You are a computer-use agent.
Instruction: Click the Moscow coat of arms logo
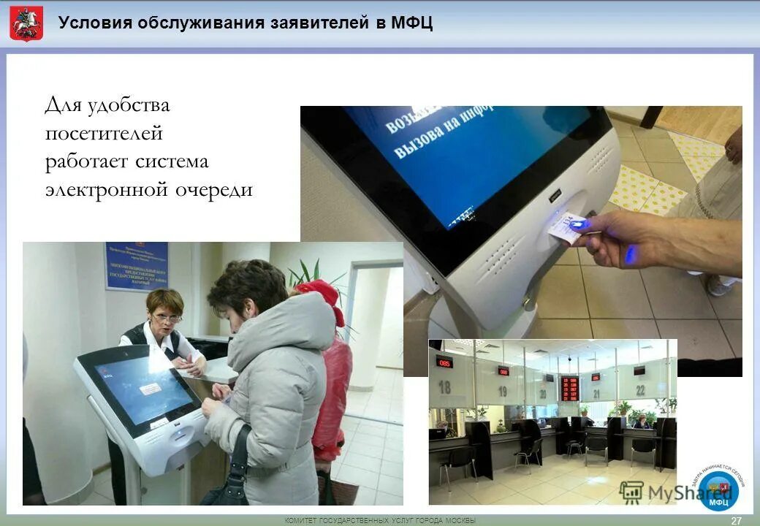coord(26,23)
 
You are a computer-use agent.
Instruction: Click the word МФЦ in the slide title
coord(411,23)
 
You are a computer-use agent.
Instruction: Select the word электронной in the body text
coord(106,190)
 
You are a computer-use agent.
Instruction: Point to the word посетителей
coord(104,133)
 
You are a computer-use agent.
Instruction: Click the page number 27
coord(736,520)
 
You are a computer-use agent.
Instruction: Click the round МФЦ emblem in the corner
coord(718,490)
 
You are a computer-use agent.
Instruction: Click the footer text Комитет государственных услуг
coord(379,520)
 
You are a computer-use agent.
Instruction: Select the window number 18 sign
coord(444,386)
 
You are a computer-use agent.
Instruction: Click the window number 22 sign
coord(640,389)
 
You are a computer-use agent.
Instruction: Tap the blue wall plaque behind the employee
coord(137,266)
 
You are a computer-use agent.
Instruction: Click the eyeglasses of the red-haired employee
coord(167,319)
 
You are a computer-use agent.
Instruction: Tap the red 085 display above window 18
coord(444,362)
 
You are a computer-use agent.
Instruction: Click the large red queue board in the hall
coord(569,387)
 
